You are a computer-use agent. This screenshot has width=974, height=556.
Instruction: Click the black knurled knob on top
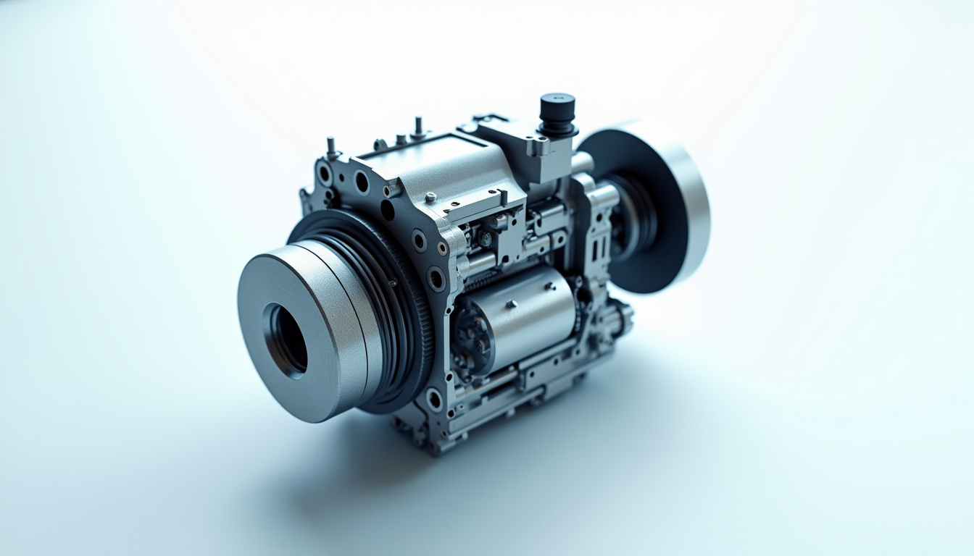(x=557, y=113)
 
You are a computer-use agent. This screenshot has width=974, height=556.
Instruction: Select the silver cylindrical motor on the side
(x=529, y=316)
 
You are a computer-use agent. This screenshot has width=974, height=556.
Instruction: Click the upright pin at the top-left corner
(x=330, y=148)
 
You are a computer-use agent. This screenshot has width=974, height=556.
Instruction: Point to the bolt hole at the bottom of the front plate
(x=434, y=398)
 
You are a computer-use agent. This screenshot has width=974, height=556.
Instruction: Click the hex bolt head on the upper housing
(x=430, y=196)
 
